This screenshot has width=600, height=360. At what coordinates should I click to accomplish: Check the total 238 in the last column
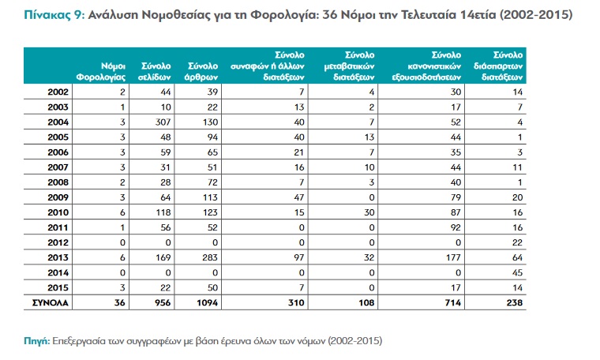516,303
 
